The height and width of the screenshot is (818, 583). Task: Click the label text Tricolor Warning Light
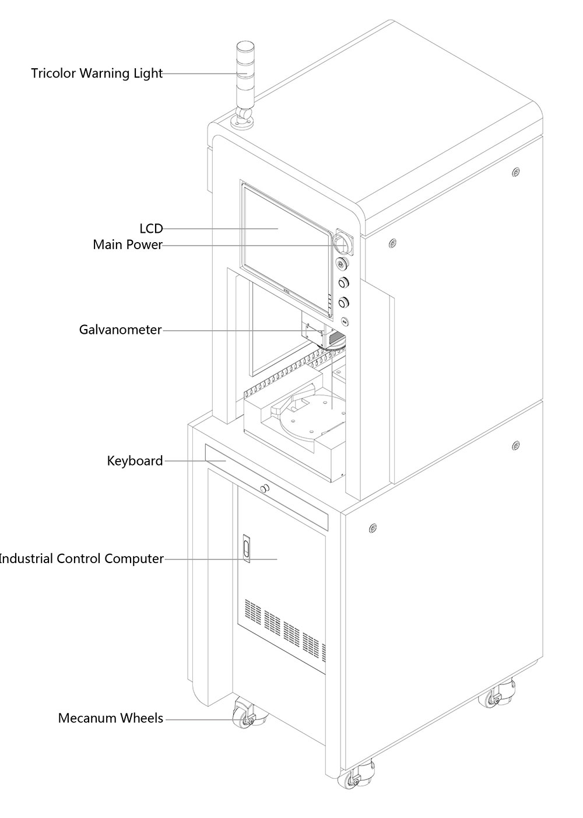pos(97,74)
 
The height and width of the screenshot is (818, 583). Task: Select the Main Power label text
pos(128,244)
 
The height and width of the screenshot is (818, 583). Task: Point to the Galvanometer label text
pos(120,330)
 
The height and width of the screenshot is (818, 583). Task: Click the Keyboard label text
pos(135,461)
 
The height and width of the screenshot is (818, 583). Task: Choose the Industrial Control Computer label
pos(81,558)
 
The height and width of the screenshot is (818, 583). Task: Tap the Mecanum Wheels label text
pos(110,718)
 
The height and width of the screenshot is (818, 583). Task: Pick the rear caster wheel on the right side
pos(494,696)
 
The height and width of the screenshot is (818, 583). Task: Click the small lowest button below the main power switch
pos(345,321)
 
